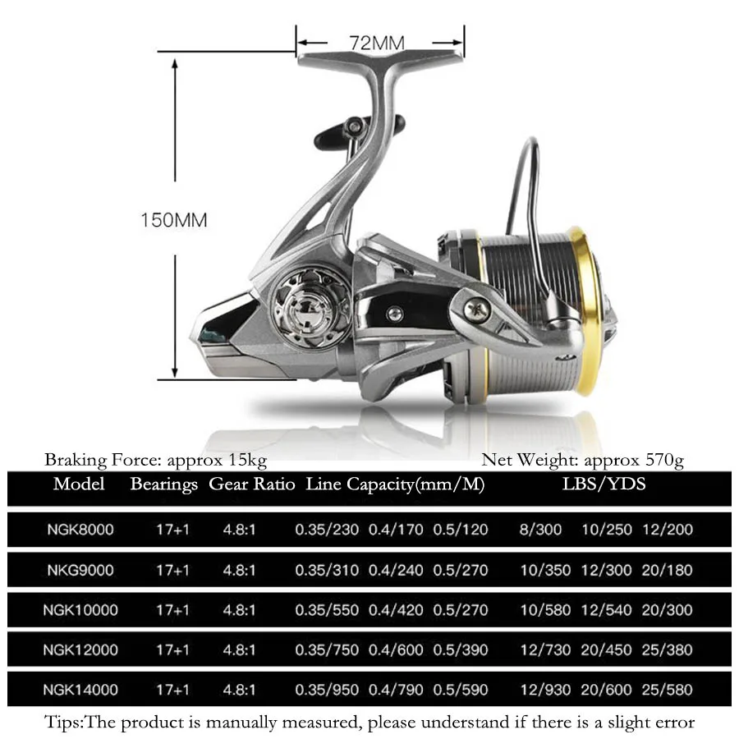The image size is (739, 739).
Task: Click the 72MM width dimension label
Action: click(377, 43)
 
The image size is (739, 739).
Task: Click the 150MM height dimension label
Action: click(174, 220)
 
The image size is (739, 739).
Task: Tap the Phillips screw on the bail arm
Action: click(476, 310)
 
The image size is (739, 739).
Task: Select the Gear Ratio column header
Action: click(252, 484)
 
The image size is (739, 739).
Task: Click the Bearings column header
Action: click(164, 484)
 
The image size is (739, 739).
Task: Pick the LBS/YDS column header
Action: click(604, 484)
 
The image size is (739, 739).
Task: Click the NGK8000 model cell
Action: click(80, 530)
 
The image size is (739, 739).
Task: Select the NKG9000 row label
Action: click(80, 571)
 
